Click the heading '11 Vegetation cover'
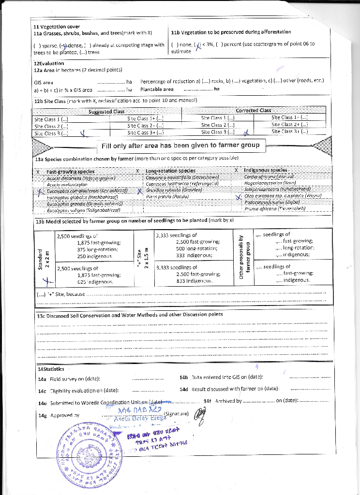(x=57, y=26)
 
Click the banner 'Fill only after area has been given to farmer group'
(x=180, y=145)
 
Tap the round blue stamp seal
(x=91, y=453)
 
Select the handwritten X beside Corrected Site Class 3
(x=246, y=132)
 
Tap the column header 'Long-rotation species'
(x=170, y=171)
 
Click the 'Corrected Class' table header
(x=253, y=110)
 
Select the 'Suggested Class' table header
(x=106, y=112)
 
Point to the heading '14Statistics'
(x=51, y=369)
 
